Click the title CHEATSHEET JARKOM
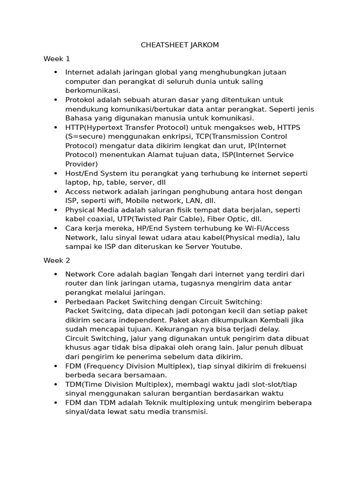180,45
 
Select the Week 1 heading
57,59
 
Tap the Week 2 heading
57,260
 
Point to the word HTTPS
289,127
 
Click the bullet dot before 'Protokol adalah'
56,100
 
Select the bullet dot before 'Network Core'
56,274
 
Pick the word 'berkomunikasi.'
93,90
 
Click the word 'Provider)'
82,164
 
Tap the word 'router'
76,283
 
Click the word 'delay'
269,329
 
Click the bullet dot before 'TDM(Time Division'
56,384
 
